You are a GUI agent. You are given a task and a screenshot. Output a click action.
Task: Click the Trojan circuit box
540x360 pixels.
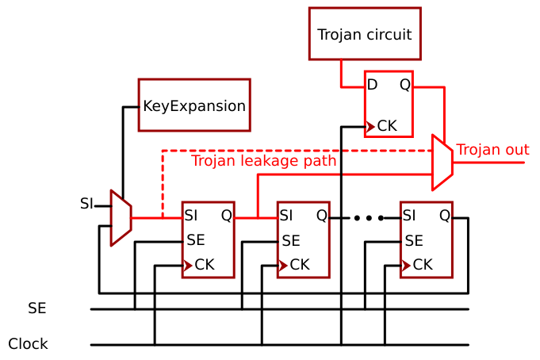tap(365, 34)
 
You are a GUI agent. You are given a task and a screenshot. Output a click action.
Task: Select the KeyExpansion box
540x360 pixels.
tap(194, 105)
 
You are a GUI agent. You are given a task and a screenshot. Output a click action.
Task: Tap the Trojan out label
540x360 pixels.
tap(492, 150)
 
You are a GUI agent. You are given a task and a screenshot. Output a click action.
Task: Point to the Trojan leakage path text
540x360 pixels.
tap(263, 161)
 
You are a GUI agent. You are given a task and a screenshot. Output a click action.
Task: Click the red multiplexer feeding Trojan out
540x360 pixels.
tap(442, 163)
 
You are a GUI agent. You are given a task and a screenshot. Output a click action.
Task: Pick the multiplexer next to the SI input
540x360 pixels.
tap(121, 217)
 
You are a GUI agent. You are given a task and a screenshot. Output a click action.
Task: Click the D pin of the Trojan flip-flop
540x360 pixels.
tap(372, 85)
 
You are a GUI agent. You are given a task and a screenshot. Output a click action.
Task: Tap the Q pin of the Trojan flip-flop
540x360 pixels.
tap(404, 85)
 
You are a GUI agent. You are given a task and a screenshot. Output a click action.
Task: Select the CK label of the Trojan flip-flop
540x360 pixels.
tap(387, 125)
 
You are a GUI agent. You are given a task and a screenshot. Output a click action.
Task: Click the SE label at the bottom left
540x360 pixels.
tap(37, 308)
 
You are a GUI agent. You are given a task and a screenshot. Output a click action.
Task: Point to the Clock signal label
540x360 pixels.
tap(29, 344)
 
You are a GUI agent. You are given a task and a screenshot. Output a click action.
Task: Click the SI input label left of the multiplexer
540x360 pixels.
tap(86, 204)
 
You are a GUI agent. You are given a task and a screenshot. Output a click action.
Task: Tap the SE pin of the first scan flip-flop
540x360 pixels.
tap(196, 240)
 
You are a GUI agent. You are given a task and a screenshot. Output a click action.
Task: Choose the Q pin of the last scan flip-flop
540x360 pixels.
tap(444, 215)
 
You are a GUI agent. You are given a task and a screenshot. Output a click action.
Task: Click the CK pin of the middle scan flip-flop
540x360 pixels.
tap(299, 265)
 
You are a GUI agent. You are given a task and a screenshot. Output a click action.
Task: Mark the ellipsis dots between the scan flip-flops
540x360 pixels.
tap(369, 217)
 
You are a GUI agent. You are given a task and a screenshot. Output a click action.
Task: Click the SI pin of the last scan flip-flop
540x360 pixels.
tap(409, 215)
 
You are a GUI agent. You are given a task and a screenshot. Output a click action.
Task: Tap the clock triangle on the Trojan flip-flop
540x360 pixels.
tap(370, 125)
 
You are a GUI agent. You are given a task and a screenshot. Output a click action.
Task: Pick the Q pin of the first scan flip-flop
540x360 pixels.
tap(226, 215)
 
